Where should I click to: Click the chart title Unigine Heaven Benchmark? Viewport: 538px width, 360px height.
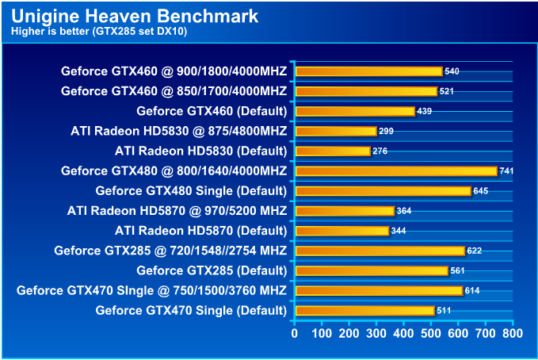point(135,16)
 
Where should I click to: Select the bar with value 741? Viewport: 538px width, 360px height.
point(395,170)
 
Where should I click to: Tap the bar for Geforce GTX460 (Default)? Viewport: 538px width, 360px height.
point(354,111)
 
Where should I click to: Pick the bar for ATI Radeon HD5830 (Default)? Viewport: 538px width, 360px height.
point(332,151)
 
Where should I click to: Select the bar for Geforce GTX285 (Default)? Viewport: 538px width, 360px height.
point(371,270)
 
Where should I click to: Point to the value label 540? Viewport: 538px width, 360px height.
point(452,71)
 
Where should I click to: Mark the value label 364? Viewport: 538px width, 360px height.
point(404,211)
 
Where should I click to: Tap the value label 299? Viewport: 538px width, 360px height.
point(386,131)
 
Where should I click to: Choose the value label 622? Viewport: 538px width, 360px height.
point(474,251)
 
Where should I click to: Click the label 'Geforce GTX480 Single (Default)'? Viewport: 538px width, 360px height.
point(191,191)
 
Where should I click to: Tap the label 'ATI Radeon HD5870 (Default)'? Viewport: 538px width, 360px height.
point(200,231)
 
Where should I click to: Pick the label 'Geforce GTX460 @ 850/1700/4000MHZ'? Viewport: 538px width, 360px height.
point(174,91)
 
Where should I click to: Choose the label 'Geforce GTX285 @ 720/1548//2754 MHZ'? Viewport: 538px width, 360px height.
point(170,251)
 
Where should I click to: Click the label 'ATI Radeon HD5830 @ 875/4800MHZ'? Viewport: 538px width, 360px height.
point(178,131)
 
